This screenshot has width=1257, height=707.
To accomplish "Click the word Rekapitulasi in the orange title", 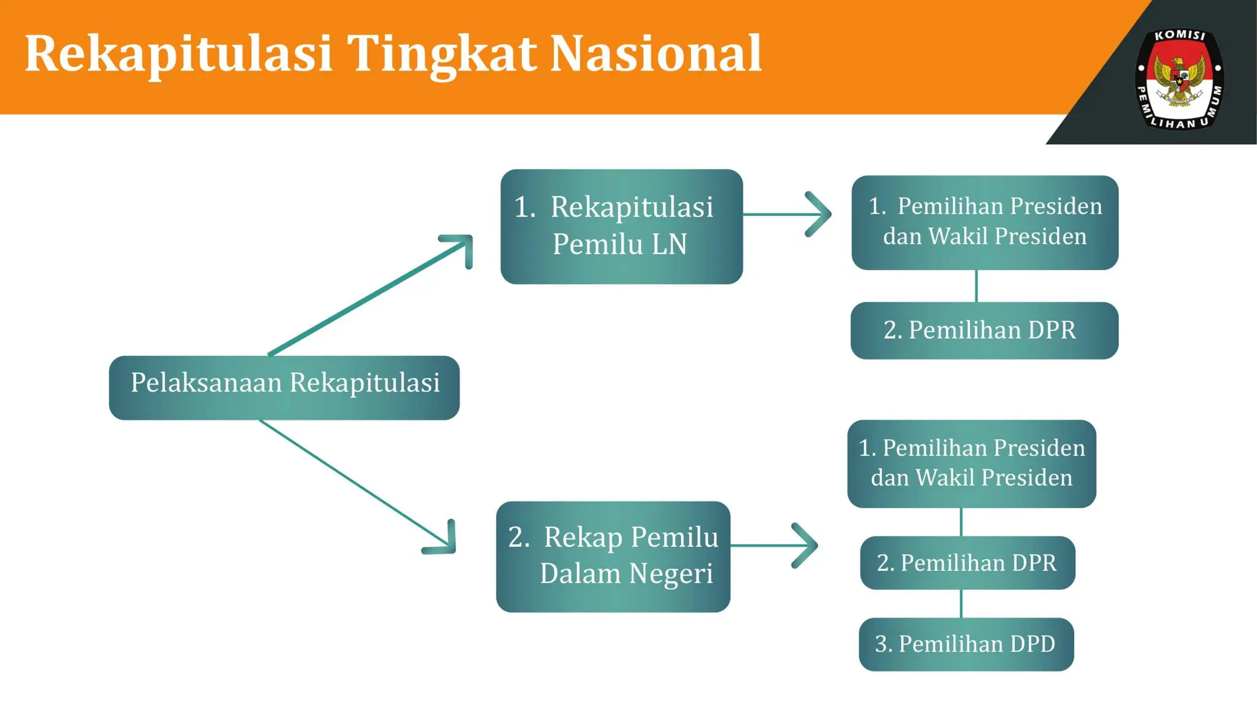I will point(178,54).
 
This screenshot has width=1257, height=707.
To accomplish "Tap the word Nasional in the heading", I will point(656,54).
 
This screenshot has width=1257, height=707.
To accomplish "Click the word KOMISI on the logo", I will point(1180,36).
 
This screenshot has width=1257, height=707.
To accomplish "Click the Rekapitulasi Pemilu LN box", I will point(621,226).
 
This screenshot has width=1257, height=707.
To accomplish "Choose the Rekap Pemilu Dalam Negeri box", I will point(613,556).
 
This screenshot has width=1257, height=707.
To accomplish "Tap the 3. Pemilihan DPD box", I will point(966,644).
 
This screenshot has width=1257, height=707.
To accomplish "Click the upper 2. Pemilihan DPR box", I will point(984,330).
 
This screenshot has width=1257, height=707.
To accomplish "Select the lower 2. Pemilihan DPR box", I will point(967,563).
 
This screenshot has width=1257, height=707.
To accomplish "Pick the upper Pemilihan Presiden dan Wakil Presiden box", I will point(984,222).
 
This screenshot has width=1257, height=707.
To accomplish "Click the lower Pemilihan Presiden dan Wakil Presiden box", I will point(971,463).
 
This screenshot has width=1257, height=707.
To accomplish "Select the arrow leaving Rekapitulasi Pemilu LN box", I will point(789,214).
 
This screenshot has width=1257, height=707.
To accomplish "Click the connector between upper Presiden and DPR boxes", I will point(976,286).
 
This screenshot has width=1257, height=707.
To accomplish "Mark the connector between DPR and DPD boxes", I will point(961,603).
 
